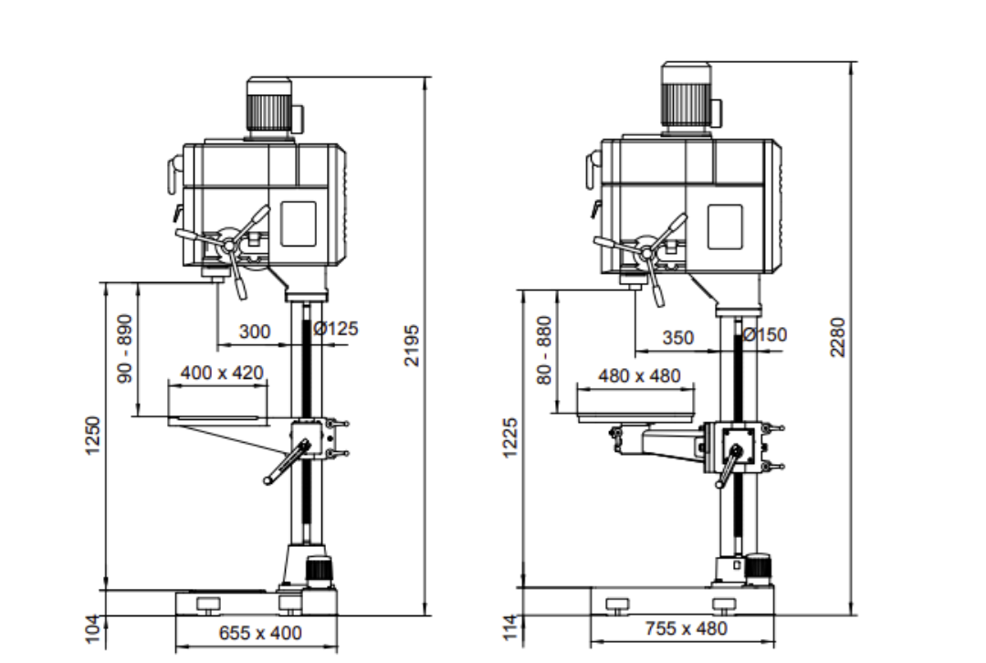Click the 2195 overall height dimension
point(412,344)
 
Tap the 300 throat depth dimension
point(255,331)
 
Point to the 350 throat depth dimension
point(677,337)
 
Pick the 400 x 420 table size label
point(222,373)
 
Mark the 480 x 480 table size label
point(639,375)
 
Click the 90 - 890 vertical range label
point(125,348)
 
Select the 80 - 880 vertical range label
point(544,350)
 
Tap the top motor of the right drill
point(686,97)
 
